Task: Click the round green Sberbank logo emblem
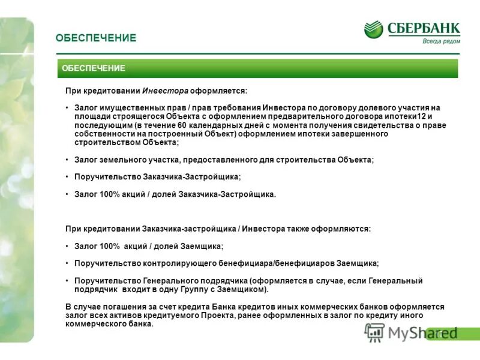(x=373, y=29)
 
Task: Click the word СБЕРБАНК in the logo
(x=424, y=28)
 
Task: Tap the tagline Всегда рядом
(x=441, y=41)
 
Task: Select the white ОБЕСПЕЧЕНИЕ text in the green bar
(x=94, y=68)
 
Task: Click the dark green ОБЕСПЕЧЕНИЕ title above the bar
(x=96, y=38)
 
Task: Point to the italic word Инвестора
(x=165, y=91)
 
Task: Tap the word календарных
(x=220, y=125)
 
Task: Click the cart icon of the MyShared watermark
(x=374, y=332)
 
